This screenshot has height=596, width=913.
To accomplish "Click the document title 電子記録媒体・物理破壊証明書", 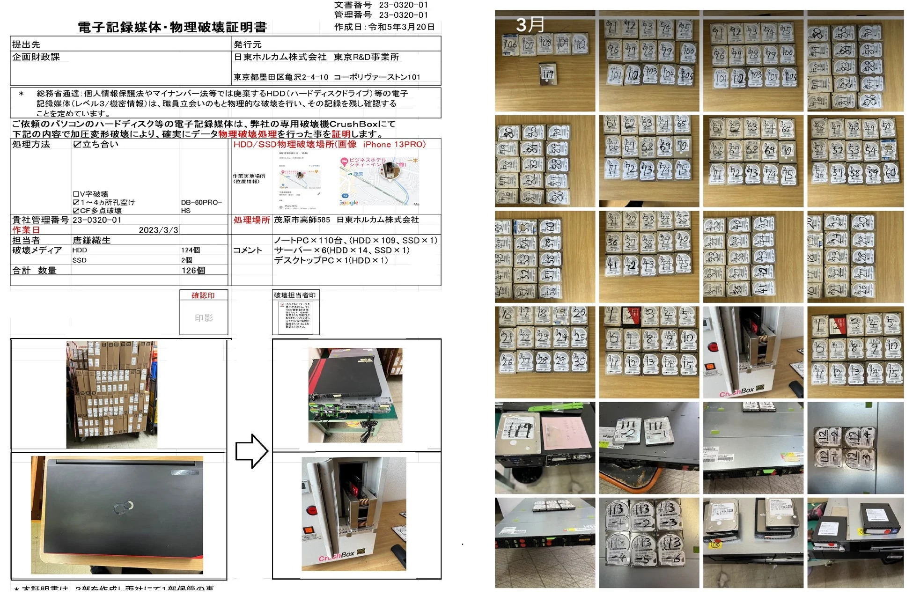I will [x=172, y=27].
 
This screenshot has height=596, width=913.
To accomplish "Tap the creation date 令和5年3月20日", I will [x=401, y=27].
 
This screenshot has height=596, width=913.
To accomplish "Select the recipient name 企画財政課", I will [x=36, y=57].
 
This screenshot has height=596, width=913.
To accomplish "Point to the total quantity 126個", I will [x=193, y=271].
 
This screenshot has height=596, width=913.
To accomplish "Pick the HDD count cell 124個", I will [x=191, y=250].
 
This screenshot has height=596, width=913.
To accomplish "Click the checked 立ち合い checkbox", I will [x=77, y=145].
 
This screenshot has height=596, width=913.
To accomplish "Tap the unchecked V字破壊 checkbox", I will [x=76, y=194].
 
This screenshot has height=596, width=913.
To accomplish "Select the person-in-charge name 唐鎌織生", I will [x=91, y=240].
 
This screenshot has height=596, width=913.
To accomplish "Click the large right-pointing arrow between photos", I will [x=251, y=451].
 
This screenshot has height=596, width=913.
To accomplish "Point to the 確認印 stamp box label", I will [x=203, y=295].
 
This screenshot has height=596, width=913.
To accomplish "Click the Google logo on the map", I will [x=349, y=203].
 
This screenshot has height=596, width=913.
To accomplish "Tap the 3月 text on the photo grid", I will [x=530, y=25].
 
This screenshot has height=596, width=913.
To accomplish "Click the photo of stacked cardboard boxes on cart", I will [x=111, y=395].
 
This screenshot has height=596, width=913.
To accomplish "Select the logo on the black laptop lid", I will [x=124, y=507].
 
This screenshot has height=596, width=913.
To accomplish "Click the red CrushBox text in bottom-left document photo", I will [x=337, y=556].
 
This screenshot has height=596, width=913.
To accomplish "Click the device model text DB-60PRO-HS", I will [x=201, y=206].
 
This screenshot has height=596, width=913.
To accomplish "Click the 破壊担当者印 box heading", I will [x=295, y=295].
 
